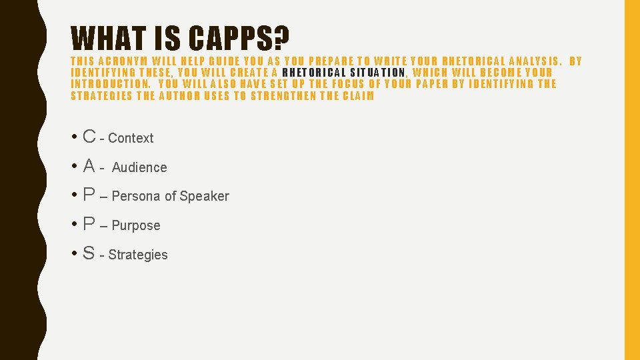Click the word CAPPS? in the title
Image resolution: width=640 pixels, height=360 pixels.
point(239,39)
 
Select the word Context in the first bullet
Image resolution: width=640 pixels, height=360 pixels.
point(131,139)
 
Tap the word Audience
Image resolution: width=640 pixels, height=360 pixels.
point(139,167)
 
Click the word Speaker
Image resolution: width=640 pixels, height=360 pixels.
point(204,196)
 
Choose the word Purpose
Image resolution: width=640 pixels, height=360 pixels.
point(136,225)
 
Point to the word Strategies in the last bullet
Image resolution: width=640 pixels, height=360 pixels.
point(138,255)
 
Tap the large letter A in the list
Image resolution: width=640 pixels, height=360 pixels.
point(89,165)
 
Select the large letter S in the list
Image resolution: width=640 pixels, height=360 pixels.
point(89,253)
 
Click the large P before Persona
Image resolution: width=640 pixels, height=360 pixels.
point(89,195)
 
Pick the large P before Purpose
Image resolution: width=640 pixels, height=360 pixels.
point(89,224)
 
